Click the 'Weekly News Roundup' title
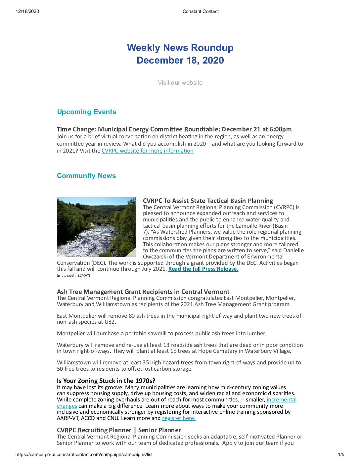[180, 48]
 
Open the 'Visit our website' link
[180, 83]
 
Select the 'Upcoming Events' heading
[86, 112]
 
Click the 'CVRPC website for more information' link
[147, 151]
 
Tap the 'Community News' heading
[86, 176]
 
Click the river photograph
[96, 227]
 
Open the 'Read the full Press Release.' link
[203, 269]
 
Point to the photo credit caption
[73, 276]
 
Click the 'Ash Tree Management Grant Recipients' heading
[143, 292]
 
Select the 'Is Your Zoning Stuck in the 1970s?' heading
[106, 381]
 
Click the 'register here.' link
[179, 418]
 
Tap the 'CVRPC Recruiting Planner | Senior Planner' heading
[119, 430]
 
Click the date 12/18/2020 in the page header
[27, 11]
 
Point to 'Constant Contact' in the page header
[201, 11]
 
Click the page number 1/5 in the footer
[341, 455]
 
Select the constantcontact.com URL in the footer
[84, 455]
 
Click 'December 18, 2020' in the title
[180, 61]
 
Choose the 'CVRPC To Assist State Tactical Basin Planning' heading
[208, 201]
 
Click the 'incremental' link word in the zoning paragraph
[282, 400]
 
